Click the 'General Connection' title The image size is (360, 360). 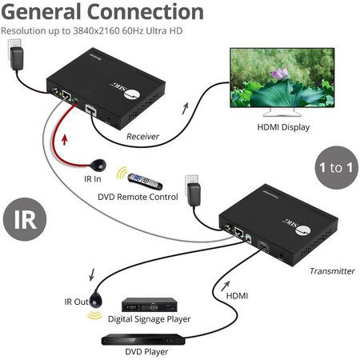pyautogui.click(x=102, y=13)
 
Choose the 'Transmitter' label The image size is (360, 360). pyautogui.click(x=331, y=270)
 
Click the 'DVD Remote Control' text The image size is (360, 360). pyautogui.click(x=138, y=195)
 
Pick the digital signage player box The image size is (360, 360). pyautogui.click(x=149, y=305)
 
